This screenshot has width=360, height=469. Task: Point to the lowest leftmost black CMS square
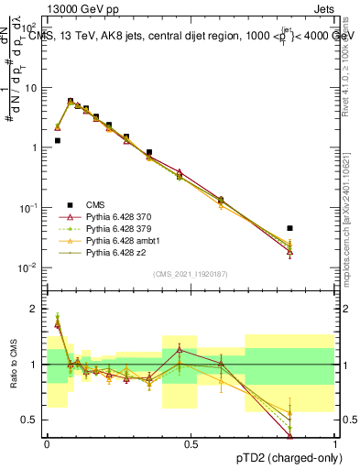[x=58, y=141]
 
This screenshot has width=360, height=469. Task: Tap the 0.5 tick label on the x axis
[x=191, y=443]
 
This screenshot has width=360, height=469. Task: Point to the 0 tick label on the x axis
[x=47, y=443]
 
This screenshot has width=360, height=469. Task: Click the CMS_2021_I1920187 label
[x=191, y=274]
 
